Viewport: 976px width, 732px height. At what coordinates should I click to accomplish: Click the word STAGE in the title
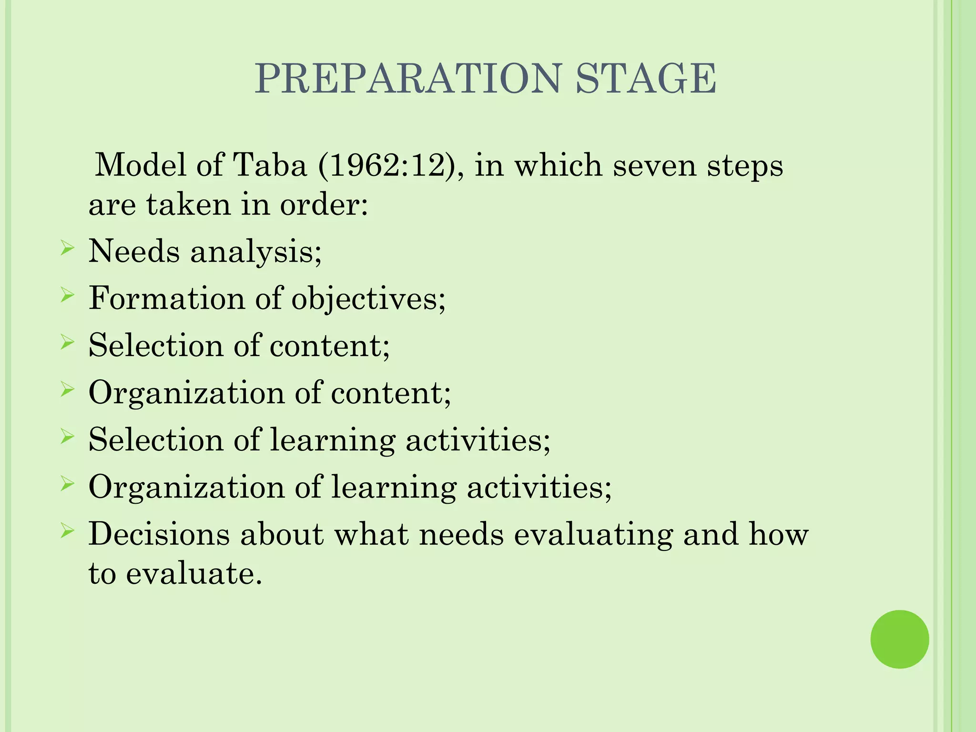[x=645, y=79]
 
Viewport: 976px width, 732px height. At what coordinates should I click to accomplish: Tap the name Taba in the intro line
[x=270, y=165]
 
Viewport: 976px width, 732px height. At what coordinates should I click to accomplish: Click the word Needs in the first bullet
[x=134, y=251]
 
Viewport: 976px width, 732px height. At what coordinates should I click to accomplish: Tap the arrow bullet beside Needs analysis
[x=67, y=248]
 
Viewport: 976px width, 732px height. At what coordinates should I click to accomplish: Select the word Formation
[x=166, y=298]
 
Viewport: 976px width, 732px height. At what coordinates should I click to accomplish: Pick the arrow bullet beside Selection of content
[x=67, y=343]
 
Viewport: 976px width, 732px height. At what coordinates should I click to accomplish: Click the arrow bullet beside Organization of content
[x=67, y=390]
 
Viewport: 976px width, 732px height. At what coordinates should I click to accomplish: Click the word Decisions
[x=159, y=534]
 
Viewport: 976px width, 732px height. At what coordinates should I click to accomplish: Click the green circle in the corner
[x=899, y=639]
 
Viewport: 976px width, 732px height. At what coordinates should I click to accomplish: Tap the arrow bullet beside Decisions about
[x=67, y=531]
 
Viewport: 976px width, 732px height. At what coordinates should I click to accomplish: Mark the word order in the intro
[x=323, y=205]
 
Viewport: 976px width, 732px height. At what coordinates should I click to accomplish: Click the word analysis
[x=255, y=252]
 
